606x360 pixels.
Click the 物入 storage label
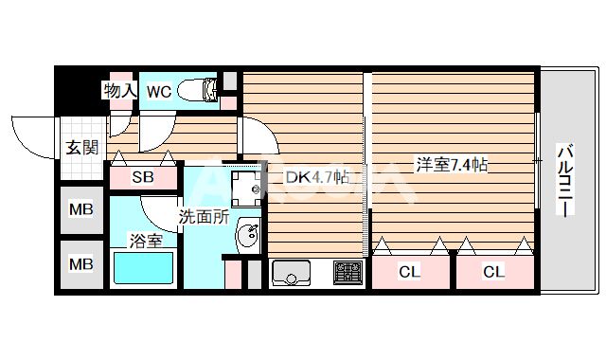pyautogui.click(x=120, y=91)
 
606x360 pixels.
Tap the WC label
pyautogui.click(x=159, y=91)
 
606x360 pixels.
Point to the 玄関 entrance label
pyautogui.click(x=81, y=147)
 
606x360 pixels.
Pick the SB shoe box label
pyautogui.click(x=142, y=177)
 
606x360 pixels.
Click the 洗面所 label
pyautogui.click(x=205, y=216)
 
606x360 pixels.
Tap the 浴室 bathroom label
pyautogui.click(x=145, y=241)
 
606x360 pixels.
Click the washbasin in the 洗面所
pyautogui.click(x=247, y=236)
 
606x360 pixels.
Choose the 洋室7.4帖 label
pyautogui.click(x=451, y=165)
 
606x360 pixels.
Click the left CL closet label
pyautogui.click(x=408, y=273)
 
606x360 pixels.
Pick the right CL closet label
pyautogui.click(x=493, y=273)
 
